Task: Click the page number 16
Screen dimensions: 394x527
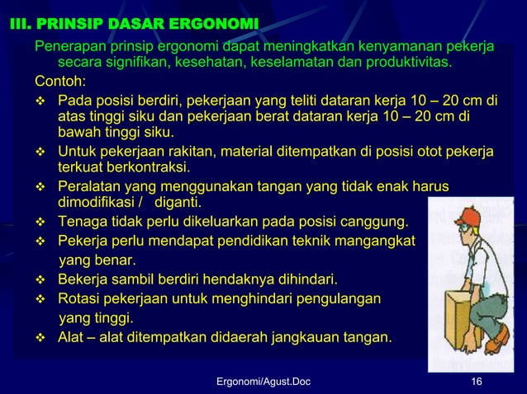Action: click(475, 381)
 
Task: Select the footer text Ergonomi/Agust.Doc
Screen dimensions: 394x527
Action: click(263, 381)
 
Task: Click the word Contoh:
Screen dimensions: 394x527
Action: click(59, 82)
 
